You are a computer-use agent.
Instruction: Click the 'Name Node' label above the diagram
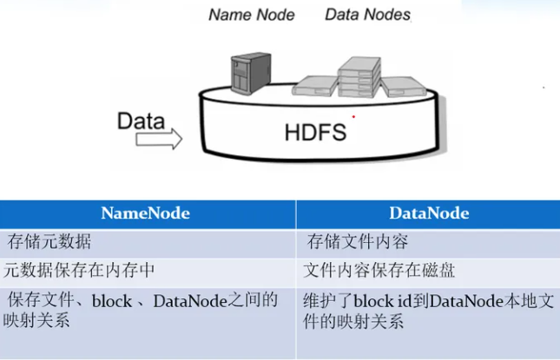pyautogui.click(x=251, y=15)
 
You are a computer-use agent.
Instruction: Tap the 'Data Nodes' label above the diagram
pyautogui.click(x=367, y=15)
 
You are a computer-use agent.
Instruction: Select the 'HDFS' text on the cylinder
pyautogui.click(x=315, y=133)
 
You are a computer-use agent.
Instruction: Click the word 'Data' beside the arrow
pyautogui.click(x=141, y=120)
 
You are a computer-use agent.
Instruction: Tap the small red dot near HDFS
pyautogui.click(x=353, y=115)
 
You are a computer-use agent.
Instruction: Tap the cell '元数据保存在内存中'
pyautogui.click(x=79, y=271)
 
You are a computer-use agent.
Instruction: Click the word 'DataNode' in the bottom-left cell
pyautogui.click(x=189, y=302)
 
